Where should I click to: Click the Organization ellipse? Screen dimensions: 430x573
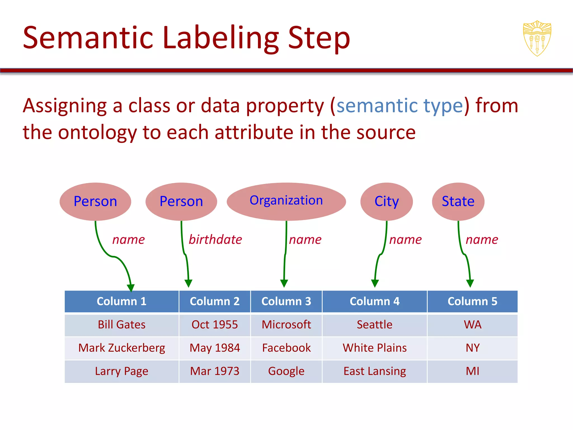286,201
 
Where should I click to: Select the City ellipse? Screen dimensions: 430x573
386,201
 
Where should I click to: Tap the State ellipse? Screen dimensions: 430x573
458,201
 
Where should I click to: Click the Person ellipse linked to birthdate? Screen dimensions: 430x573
181,201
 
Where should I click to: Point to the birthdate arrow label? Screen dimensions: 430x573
215,240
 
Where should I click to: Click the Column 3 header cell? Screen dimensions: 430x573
286,301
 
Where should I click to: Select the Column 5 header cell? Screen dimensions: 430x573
472,301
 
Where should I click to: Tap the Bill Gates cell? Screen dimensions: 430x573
121,325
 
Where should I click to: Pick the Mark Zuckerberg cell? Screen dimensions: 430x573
121,348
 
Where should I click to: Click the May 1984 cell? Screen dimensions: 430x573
215,348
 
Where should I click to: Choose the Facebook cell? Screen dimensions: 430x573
286,348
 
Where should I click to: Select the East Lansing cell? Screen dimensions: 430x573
375,371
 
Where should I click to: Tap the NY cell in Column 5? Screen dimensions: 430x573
472,348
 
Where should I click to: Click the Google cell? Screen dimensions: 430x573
286,371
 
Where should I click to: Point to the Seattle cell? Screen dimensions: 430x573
375,325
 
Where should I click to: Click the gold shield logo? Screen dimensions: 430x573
537,38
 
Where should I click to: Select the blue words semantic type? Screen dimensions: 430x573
400,106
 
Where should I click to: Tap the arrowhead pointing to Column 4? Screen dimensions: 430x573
375,283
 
